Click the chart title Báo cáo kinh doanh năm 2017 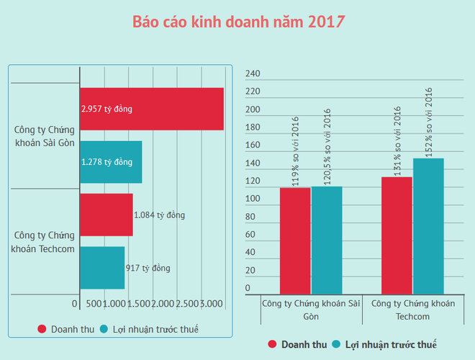(238, 22)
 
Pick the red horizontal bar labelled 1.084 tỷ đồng (106, 215)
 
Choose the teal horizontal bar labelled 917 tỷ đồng (101, 268)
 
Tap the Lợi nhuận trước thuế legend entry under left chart (149, 329)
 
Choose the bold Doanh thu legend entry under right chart (297, 345)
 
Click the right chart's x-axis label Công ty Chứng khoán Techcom (412, 310)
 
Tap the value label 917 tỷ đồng (148, 268)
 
